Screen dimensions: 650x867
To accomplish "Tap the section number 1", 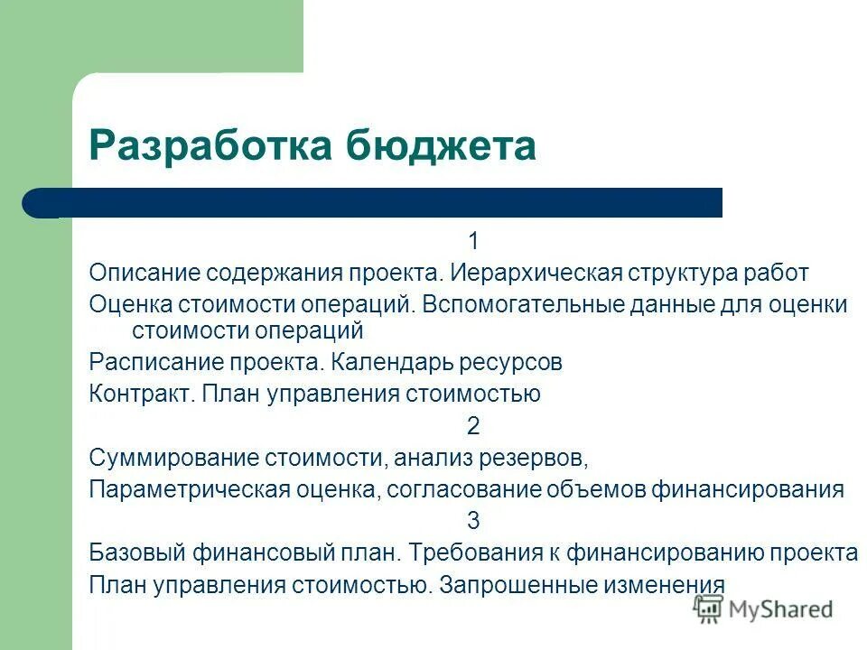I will point(473,242).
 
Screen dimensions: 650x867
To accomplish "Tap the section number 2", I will point(473,426).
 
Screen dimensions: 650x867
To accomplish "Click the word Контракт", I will point(141,395).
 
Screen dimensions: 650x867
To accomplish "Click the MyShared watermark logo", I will point(763,609).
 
